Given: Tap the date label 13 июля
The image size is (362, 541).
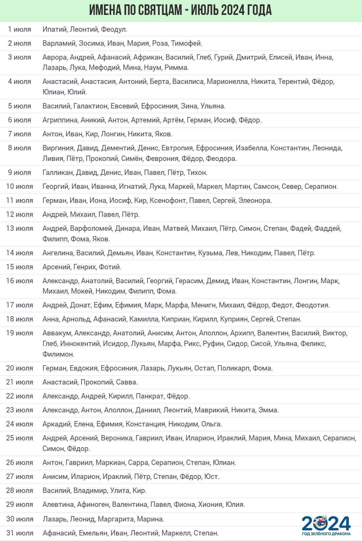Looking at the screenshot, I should pyautogui.click(x=20, y=229).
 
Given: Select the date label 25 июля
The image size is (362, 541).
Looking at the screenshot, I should pyautogui.click(x=20, y=438).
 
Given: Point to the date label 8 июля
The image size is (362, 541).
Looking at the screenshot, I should pyautogui.click(x=20, y=148).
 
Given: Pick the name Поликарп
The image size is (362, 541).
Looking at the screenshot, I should pyautogui.click(x=233, y=368).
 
